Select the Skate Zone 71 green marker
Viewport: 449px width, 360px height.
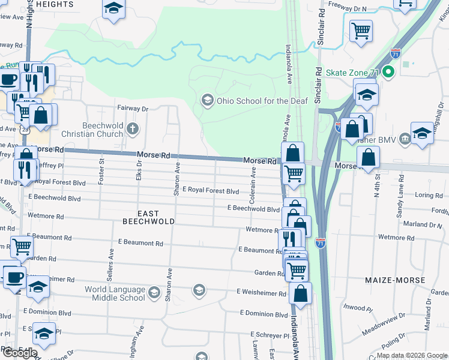point(388,73)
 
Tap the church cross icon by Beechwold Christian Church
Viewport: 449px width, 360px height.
point(132,128)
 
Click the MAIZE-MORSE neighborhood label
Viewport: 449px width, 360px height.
point(394,280)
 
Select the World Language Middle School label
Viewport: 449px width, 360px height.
point(115,293)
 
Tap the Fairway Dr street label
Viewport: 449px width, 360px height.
point(132,109)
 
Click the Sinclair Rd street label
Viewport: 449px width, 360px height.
point(321,28)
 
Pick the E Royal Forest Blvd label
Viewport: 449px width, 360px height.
point(211,191)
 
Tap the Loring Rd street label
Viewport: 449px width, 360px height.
point(429,195)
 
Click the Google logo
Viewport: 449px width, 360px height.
point(20,353)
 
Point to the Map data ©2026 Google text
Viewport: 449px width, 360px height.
point(411,355)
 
